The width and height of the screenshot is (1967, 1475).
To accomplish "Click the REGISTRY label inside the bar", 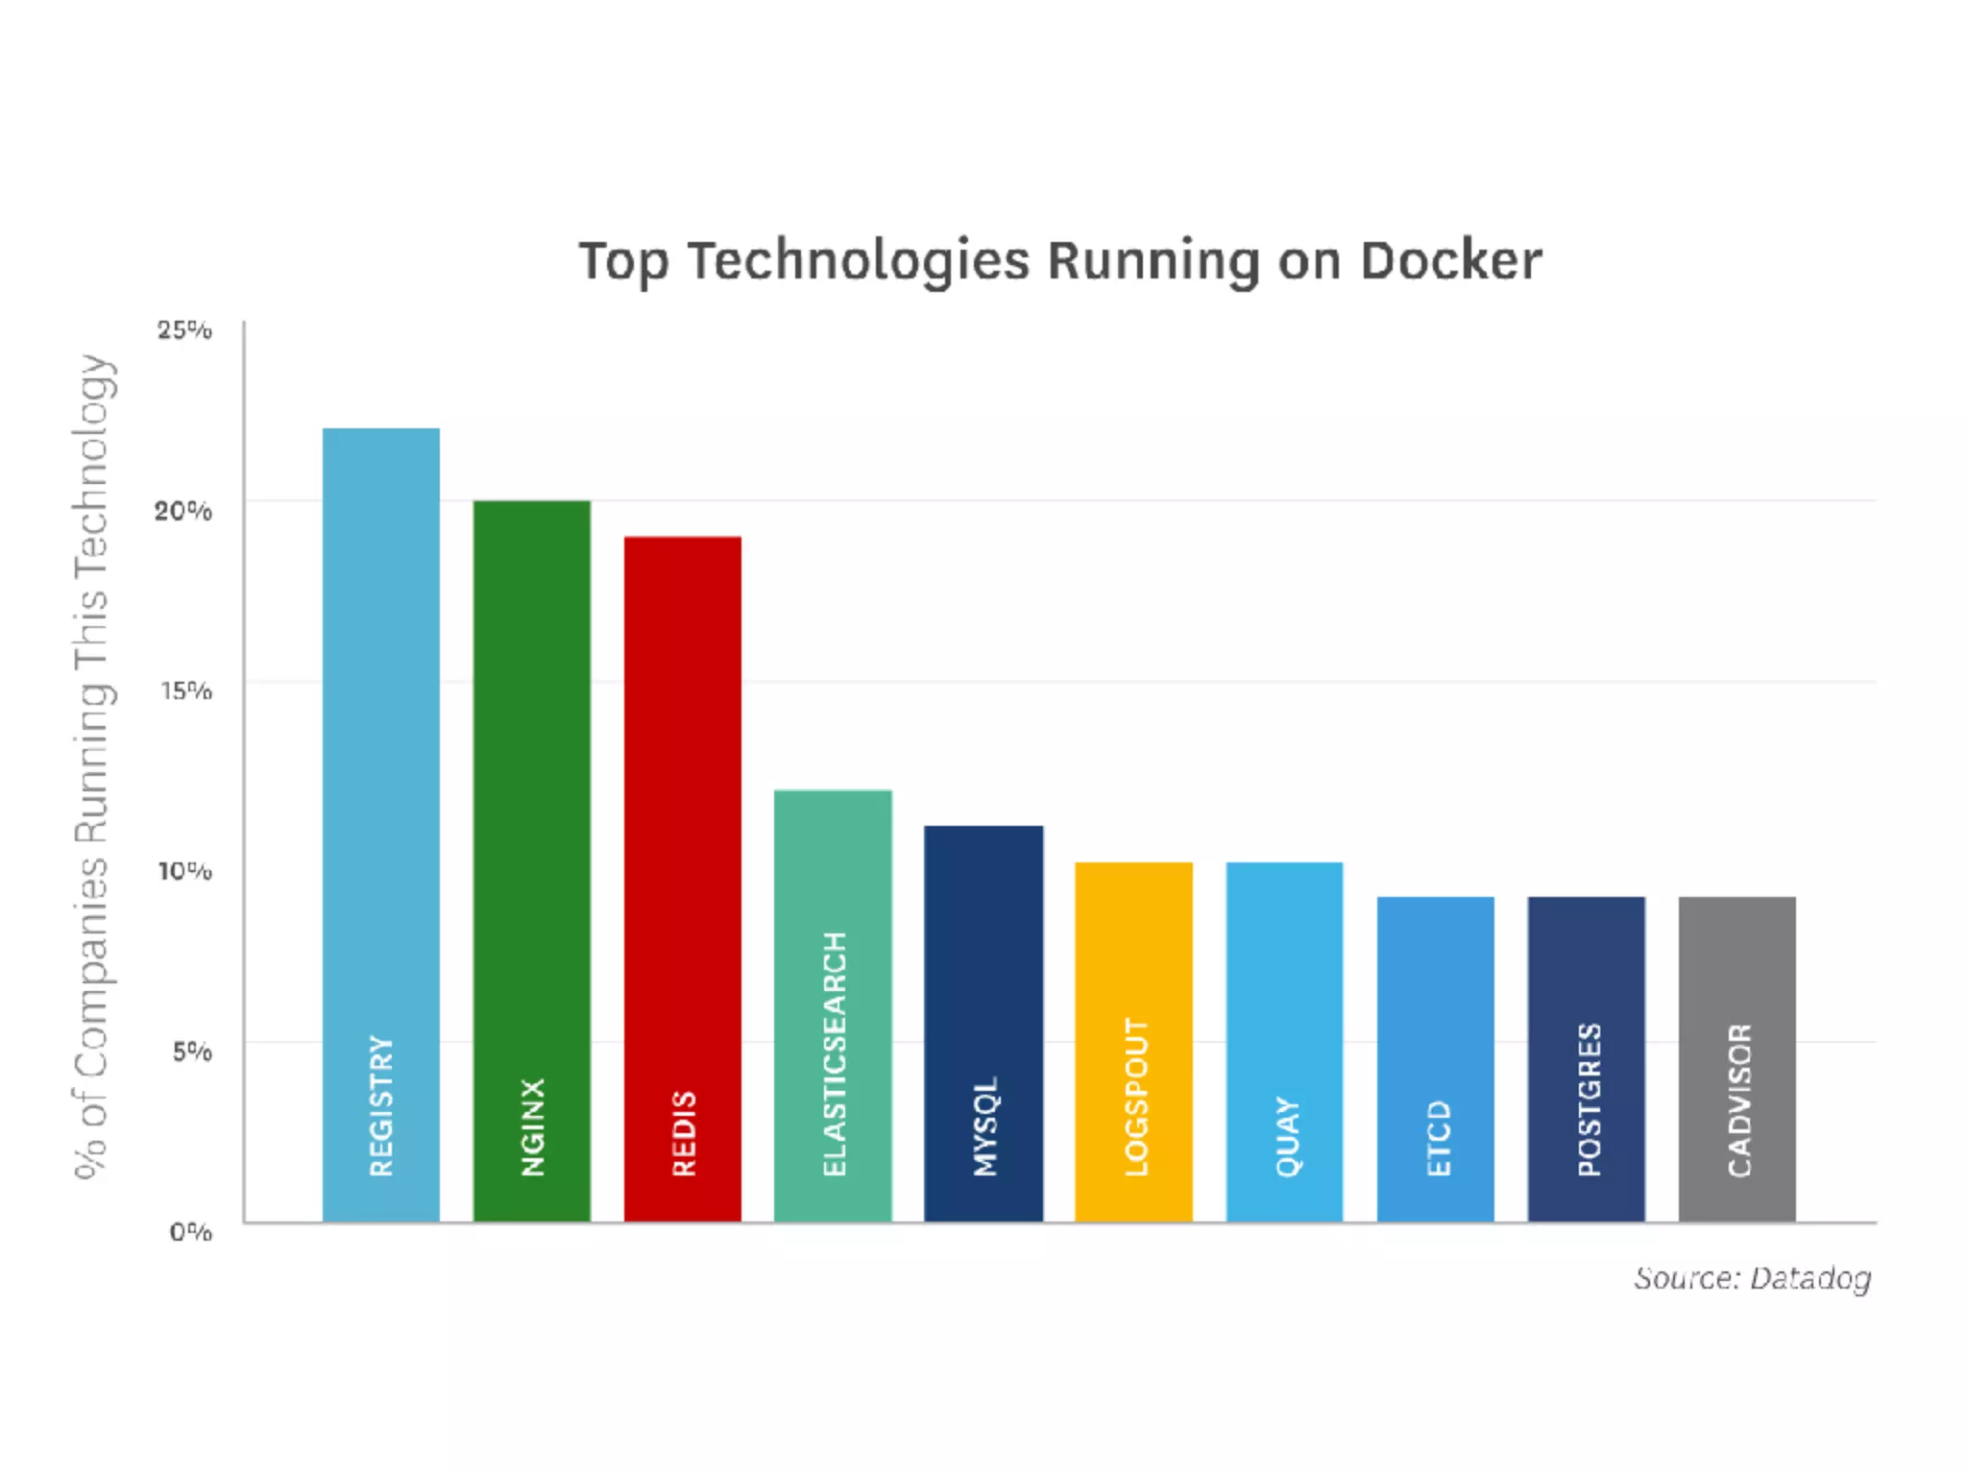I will click(x=381, y=1105).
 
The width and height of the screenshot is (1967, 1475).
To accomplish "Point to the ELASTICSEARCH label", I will click(x=834, y=1053).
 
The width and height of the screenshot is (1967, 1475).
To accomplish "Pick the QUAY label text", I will click(x=1287, y=1136).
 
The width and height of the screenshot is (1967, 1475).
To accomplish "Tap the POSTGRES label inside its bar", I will click(x=1589, y=1099).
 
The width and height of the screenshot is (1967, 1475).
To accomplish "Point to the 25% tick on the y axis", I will click(x=184, y=330).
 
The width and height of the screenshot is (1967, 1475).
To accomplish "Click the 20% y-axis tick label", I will click(x=183, y=511).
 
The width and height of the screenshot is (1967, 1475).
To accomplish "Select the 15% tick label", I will click(x=185, y=690).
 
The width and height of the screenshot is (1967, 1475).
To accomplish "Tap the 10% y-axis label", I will click(x=184, y=871).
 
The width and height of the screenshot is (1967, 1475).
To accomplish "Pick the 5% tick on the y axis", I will click(x=191, y=1052).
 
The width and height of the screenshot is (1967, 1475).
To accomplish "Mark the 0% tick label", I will click(x=190, y=1231).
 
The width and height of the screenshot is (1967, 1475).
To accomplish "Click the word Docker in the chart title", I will click(x=1450, y=261).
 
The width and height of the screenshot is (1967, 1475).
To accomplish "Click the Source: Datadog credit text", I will click(x=1752, y=1278).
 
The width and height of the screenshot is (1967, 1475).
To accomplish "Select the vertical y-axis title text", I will click(x=93, y=765).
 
